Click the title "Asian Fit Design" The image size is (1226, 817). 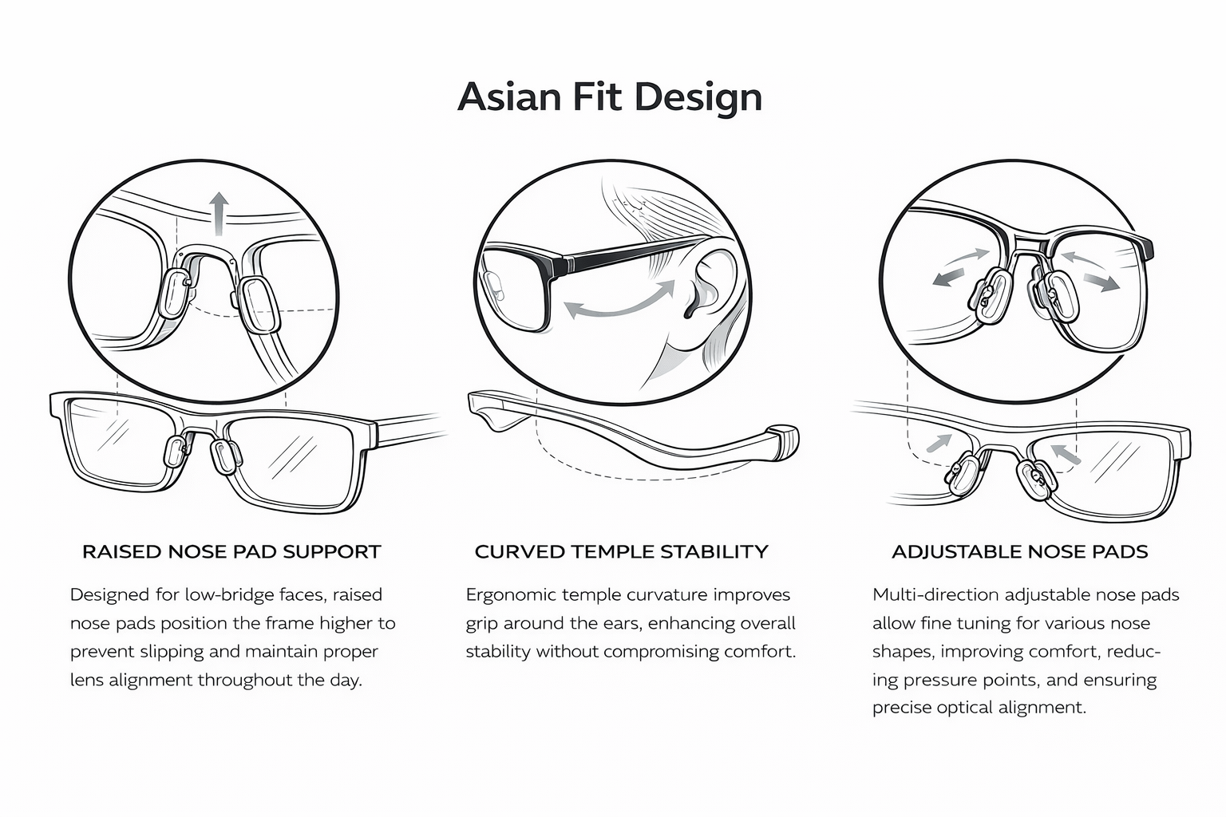(610, 97)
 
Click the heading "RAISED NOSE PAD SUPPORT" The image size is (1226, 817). (231, 551)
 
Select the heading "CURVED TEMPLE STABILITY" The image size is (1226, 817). (621, 551)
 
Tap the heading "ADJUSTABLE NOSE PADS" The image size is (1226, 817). (1019, 551)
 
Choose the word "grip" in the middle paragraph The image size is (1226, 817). (482, 624)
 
